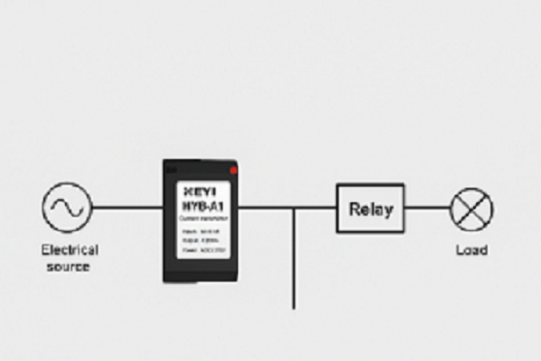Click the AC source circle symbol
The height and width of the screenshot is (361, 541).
(67, 209)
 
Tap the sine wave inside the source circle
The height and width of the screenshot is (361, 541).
(67, 209)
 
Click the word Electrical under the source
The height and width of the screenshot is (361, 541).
(70, 250)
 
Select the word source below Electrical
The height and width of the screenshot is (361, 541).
(68, 266)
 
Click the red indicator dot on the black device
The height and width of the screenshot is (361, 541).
(233, 171)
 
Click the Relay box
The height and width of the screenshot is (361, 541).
(369, 209)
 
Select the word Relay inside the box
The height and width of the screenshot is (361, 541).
(370, 209)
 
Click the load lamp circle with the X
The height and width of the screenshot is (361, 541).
(471, 209)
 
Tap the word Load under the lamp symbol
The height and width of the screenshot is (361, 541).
(471, 250)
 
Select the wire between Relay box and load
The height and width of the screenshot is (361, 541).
(427, 209)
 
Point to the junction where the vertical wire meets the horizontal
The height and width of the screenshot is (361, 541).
(294, 209)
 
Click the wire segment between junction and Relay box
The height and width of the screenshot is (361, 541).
(315, 209)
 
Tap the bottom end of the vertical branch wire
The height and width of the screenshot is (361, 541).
(294, 306)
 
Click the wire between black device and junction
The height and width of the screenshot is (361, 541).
(266, 209)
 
